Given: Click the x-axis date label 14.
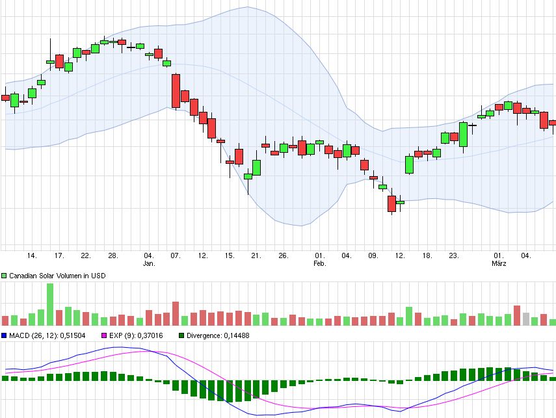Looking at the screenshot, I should [x=32, y=255].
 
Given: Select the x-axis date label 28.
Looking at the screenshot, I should [x=113, y=255].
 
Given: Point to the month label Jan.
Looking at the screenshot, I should [x=149, y=264].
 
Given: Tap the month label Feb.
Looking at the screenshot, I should [x=319, y=264].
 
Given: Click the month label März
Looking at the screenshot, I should [x=499, y=264].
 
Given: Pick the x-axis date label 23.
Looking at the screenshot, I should [x=454, y=255].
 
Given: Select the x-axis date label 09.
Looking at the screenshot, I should [x=373, y=255].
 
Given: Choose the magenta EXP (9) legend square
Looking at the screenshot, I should [x=102, y=335].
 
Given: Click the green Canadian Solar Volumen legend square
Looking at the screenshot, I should [x=5, y=276].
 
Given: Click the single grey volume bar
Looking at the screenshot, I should [x=526, y=319].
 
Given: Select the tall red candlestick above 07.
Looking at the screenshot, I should [x=176, y=91].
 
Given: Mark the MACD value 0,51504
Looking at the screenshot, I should [x=73, y=335].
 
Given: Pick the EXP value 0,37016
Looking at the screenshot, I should [x=148, y=335].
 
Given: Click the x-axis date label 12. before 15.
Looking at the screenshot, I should [x=203, y=255].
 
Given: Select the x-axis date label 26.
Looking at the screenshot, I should [x=283, y=255].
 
